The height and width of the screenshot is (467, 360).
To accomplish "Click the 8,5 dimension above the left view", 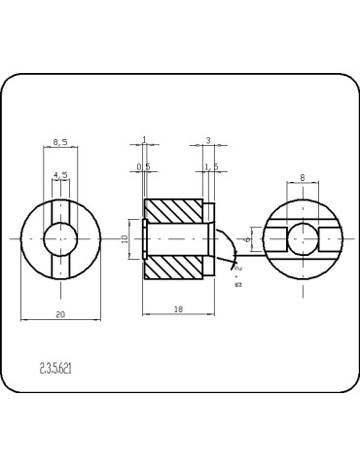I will pos(60,142).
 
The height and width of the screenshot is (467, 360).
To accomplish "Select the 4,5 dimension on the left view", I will pos(60,175).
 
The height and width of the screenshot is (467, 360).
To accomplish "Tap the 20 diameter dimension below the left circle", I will pos(60,314).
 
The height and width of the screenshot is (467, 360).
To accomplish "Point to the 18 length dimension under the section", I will pos(178,308).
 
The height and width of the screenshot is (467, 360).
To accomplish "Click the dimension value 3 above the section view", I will pos(207,141).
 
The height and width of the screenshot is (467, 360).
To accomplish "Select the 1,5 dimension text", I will pos(211,166).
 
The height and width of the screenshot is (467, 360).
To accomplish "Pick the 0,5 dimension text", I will pos(143,166).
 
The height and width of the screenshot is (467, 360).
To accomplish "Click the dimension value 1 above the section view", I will pos(144,141).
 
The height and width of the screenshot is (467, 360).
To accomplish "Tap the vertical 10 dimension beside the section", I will pos(126,238).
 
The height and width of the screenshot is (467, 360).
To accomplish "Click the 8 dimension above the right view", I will pos(303,178).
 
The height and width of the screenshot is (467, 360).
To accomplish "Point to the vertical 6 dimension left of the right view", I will pos(248,237).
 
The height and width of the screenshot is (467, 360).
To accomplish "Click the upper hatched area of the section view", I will pos(175,210).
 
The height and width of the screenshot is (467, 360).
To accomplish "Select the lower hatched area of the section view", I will pos(175,267).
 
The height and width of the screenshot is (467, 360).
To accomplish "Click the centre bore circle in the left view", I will pos(60,238).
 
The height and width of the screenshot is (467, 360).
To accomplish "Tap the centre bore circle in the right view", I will pos(303,238).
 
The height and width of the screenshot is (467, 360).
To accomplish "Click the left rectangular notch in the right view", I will pos(276,238).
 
